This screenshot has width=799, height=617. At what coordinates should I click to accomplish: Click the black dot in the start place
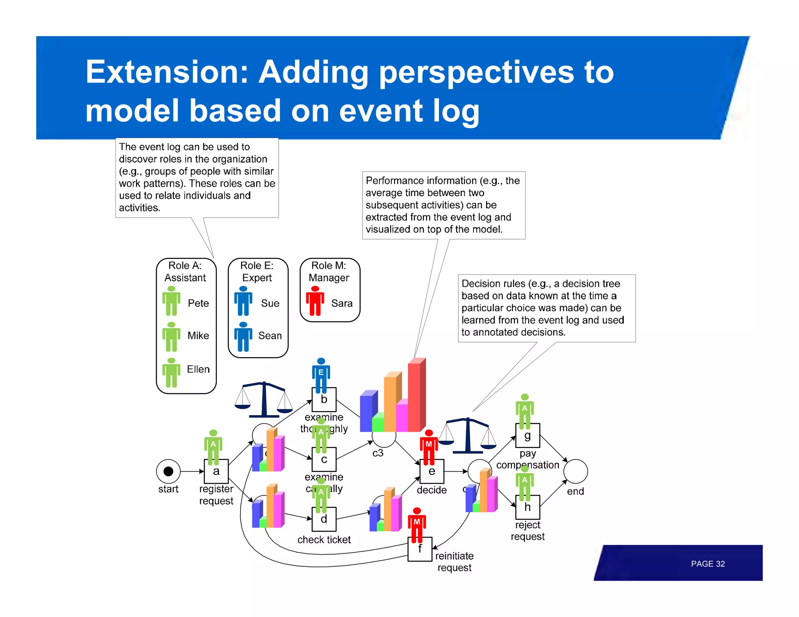click(168, 471)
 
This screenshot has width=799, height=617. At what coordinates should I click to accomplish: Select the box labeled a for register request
click(216, 472)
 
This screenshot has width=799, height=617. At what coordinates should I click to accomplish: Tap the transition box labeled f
click(420, 549)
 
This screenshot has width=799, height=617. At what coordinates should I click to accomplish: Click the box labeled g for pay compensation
click(527, 436)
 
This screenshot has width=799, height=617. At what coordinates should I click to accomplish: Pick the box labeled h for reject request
click(527, 507)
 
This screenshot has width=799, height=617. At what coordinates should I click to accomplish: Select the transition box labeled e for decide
click(432, 472)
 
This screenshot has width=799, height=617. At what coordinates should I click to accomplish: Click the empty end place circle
click(575, 471)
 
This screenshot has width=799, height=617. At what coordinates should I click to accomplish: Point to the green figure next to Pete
click(171, 301)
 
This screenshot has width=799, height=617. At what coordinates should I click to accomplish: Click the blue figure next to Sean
click(243, 337)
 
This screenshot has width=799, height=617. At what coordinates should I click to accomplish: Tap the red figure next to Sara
click(315, 301)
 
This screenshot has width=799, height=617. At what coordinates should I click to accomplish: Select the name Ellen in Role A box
click(198, 369)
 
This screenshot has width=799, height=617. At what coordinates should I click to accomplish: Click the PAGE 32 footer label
click(707, 564)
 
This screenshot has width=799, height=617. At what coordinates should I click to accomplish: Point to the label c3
click(378, 453)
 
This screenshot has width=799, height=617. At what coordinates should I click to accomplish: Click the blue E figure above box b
click(321, 374)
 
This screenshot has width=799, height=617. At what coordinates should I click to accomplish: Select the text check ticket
click(324, 539)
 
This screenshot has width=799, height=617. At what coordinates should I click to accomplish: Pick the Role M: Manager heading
click(329, 271)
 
